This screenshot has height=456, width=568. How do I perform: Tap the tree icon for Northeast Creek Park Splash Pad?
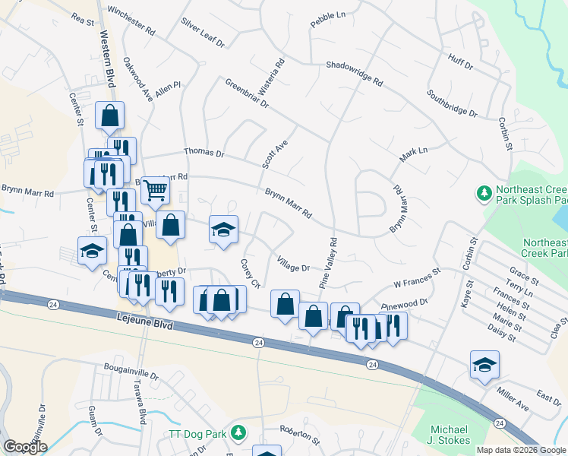point(483,195)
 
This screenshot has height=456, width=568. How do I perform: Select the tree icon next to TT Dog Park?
point(239,433)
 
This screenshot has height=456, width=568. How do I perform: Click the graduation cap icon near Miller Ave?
point(484,364)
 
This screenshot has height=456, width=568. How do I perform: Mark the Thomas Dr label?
point(204,154)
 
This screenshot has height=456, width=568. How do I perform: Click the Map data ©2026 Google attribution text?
point(521,450)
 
